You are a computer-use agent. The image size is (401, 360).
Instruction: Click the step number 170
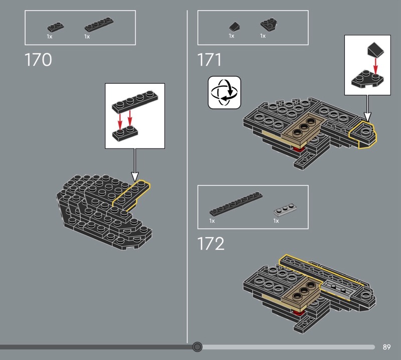pos(38,60)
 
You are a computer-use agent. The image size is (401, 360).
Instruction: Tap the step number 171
pos(209,60)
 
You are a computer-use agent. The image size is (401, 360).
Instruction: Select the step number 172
pos(211,244)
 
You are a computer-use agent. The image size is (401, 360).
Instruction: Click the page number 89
pos(386,347)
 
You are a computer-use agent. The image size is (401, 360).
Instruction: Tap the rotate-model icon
pos(224,92)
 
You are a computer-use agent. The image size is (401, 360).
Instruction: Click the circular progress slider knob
pos(197,347)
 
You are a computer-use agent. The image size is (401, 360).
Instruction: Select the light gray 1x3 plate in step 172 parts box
pos(285,210)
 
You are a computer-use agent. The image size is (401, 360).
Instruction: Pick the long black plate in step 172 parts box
pos(236,204)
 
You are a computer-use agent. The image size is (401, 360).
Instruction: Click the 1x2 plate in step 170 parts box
pos(56,27)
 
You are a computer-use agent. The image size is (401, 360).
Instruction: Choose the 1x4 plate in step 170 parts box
pos(99,24)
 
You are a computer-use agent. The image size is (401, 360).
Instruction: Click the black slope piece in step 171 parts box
pos(235,27)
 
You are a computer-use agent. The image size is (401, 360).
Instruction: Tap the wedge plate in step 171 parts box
pos(269,24)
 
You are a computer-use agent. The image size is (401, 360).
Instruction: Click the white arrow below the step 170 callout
pos(135,165)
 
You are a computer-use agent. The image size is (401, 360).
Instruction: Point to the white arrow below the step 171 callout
pos(367,108)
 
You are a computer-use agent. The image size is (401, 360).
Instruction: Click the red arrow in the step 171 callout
pos(375,66)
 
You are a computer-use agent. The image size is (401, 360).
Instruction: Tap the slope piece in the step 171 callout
pos(375,50)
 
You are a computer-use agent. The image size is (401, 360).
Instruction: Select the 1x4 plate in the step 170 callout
pos(135,102)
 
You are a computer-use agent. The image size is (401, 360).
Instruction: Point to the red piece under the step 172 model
pos(297,313)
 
